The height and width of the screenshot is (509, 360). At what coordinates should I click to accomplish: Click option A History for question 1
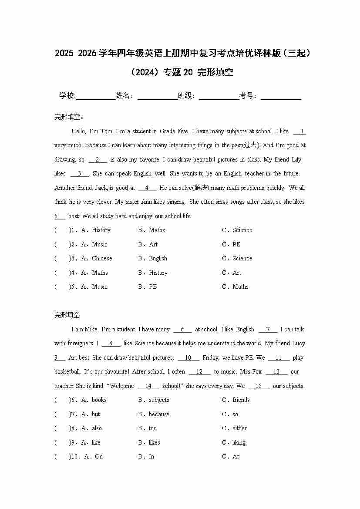click(x=101, y=230)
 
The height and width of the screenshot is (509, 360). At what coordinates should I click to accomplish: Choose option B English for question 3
click(x=158, y=258)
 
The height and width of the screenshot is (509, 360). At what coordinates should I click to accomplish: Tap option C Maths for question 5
click(x=240, y=287)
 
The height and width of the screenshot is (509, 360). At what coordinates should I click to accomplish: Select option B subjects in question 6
click(x=158, y=400)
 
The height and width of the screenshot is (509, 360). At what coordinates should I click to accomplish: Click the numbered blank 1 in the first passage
click(x=300, y=131)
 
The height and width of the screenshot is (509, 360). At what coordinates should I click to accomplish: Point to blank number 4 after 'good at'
click(x=147, y=188)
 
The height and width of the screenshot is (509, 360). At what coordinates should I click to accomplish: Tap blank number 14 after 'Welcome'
click(x=148, y=386)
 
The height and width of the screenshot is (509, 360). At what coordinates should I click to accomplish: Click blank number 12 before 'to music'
click(x=200, y=372)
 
